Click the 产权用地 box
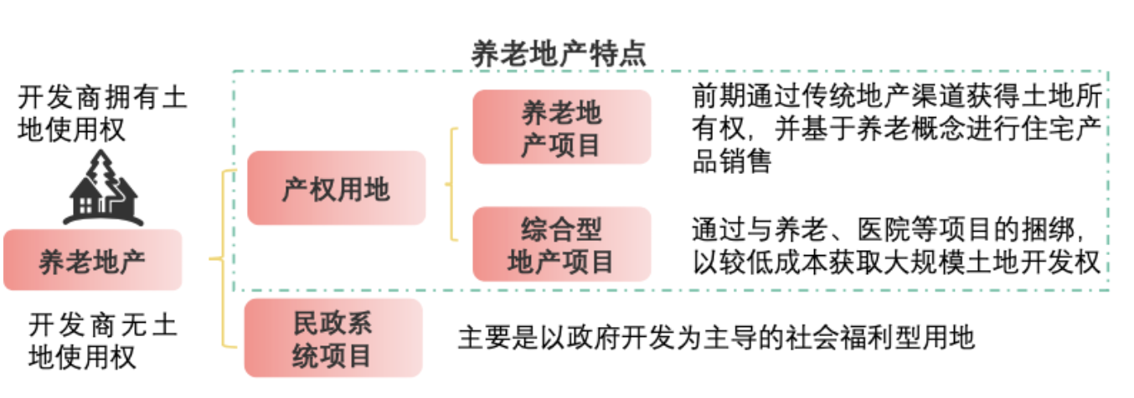tap(336, 188)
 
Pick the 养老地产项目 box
tap(561, 128)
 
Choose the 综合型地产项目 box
tap(561, 244)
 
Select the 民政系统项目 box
tap(332, 338)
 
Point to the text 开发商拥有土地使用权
tap(103, 115)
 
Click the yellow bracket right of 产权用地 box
tap(452, 185)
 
